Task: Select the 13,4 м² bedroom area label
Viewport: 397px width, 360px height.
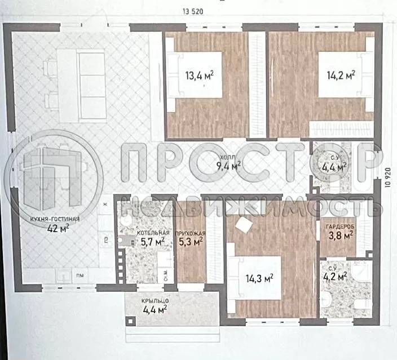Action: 199,75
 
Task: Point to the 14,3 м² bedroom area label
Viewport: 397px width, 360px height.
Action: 259,277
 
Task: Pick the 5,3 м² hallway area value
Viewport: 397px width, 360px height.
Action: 190,242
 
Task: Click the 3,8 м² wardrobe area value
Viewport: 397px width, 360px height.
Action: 341,237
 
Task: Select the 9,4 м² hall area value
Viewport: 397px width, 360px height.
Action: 228,165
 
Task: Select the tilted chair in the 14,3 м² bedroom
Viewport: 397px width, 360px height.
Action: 244,224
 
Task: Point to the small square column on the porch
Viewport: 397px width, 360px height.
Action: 131,322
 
